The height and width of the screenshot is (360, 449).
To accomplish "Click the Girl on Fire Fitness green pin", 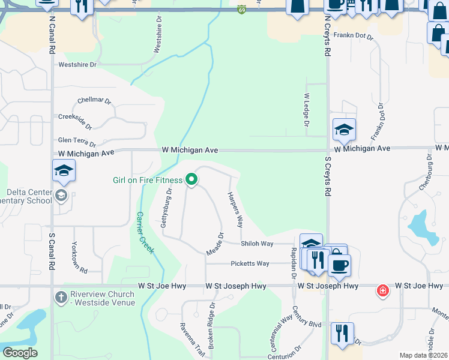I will pyautogui.click(x=191, y=179).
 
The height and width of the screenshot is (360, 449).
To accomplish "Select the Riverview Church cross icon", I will pyautogui.click(x=61, y=297).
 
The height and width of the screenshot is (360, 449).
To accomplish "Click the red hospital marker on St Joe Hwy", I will pyautogui.click(x=382, y=292).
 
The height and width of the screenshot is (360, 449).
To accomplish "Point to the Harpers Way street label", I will pyautogui.click(x=235, y=210).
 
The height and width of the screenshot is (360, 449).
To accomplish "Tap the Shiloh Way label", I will pyautogui.click(x=257, y=244).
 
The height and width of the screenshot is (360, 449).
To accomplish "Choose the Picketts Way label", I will pyautogui.click(x=250, y=263).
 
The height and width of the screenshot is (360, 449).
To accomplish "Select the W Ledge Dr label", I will pyautogui.click(x=306, y=110).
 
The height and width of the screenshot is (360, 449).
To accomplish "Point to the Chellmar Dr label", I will pyautogui.click(x=95, y=101).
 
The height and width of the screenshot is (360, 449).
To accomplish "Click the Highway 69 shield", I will pyautogui.click(x=241, y=10).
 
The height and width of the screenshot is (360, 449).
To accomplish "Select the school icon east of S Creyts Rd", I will pyautogui.click(x=344, y=129).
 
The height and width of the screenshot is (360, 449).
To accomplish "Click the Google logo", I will pyautogui.click(x=20, y=352).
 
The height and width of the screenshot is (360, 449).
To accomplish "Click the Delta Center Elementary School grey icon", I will pyautogui.click(x=61, y=195).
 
